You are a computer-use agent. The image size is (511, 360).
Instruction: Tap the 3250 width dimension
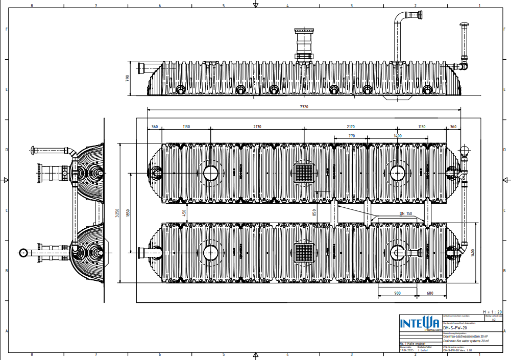117,213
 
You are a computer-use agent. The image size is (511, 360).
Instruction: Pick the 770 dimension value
352,136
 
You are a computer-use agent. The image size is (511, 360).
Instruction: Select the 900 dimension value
397,293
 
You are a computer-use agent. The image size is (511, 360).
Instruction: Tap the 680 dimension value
430,293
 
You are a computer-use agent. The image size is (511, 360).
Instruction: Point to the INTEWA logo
419,323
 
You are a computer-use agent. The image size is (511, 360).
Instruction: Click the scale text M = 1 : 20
492,311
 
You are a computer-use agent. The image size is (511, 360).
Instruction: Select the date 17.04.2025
406,351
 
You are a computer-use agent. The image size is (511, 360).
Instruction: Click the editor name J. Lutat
423,351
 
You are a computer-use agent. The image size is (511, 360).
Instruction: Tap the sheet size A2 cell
494,320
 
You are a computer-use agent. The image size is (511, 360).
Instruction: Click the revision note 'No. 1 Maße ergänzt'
412,344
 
